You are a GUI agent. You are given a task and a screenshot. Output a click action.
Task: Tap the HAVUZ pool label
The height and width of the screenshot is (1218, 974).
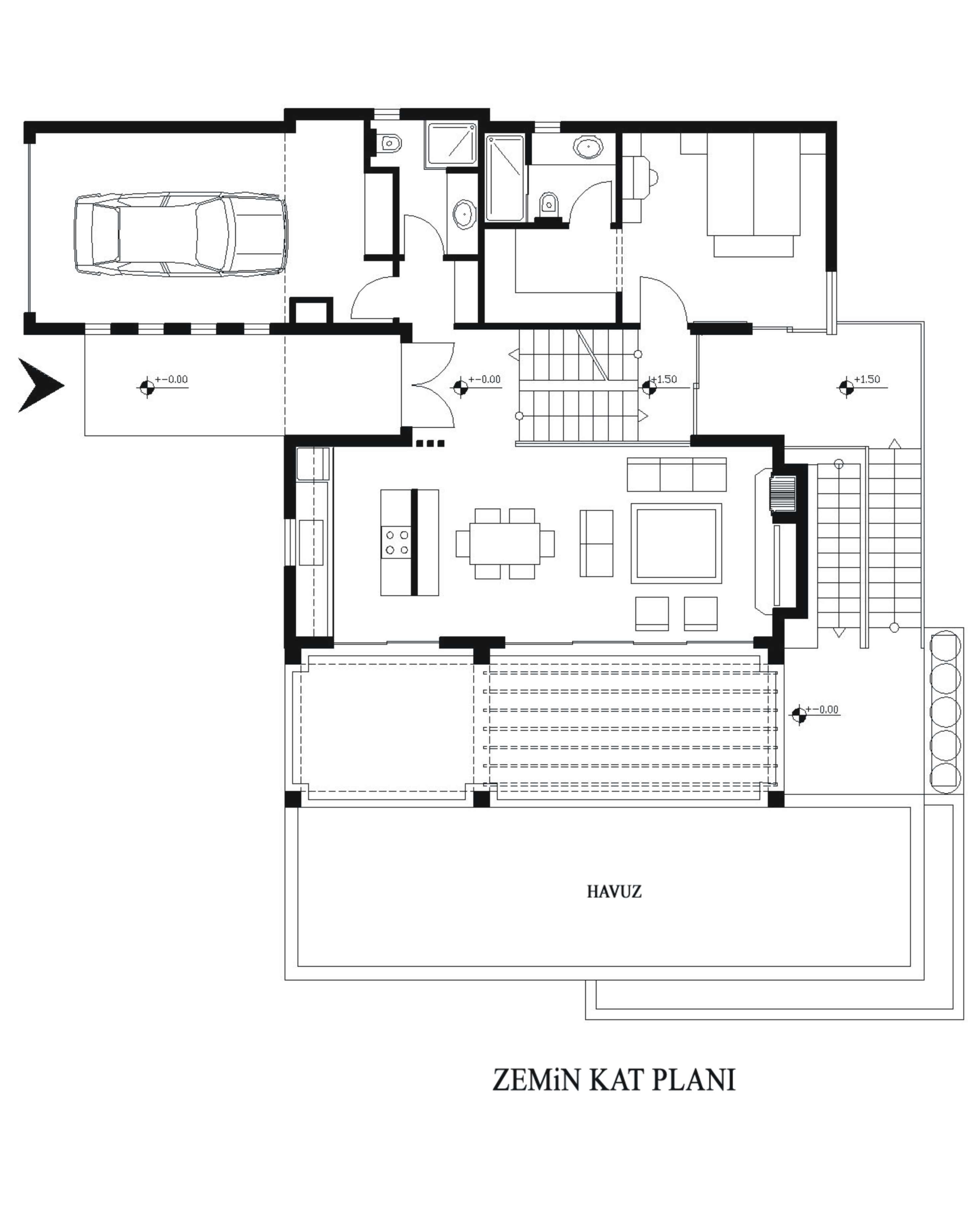pos(614,891)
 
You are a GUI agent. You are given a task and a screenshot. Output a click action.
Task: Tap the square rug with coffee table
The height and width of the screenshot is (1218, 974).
pos(676,542)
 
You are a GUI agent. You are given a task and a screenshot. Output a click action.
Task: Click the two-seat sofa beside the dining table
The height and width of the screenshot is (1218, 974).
pos(596,543)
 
